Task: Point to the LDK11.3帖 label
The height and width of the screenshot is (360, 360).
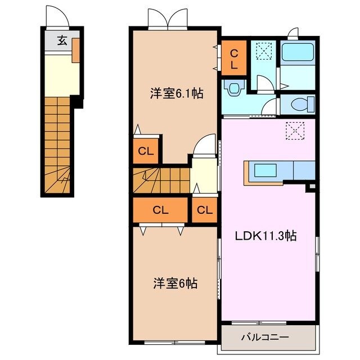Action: click(x=266, y=236)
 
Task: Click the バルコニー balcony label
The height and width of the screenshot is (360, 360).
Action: click(x=265, y=337)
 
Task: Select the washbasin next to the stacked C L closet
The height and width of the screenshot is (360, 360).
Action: click(x=233, y=87)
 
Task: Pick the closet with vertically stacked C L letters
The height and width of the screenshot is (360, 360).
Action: click(x=234, y=57)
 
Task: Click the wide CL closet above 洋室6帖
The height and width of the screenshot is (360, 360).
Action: click(x=161, y=210)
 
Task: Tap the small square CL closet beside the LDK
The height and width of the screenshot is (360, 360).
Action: click(x=205, y=211)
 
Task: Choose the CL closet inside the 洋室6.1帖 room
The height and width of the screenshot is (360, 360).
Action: click(x=146, y=150)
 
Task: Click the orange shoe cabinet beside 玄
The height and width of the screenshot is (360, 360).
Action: click(x=75, y=47)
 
